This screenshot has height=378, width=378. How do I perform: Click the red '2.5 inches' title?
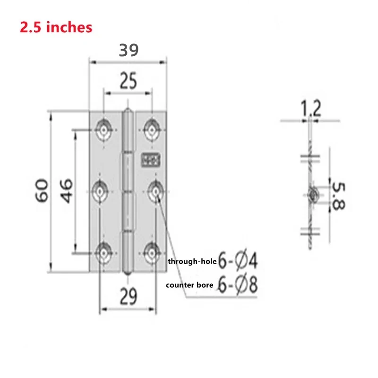pos(56,27)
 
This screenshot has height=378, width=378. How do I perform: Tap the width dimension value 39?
pos(129,50)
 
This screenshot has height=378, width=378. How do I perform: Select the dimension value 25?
pos(128,81)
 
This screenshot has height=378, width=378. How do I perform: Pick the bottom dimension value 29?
pos(128,297)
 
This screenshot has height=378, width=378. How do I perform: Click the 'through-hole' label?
pos(192,261)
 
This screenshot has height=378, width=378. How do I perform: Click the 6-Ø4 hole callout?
pos(238,260)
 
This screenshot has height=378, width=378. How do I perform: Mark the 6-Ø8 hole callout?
pos(238,285)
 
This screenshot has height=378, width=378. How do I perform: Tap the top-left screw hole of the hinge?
pos(103,128)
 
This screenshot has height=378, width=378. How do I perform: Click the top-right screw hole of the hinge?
pos(152,128)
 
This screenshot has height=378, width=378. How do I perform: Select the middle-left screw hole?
pos(101,191)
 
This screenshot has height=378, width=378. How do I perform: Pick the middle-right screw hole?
pos(156,191)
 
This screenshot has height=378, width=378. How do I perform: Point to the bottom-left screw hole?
pos(103,253)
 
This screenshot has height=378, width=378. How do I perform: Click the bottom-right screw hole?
pos(152,253)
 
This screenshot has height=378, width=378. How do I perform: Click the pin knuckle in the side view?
pos(312,194)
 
